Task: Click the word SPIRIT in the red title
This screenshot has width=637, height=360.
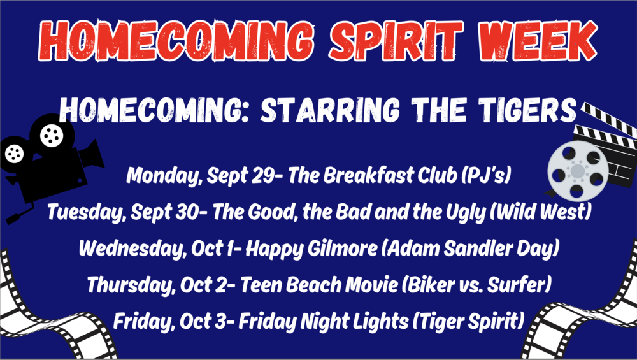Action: click(396, 41)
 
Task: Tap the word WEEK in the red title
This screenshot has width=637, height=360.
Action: click(538, 41)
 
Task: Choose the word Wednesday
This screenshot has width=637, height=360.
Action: click(132, 248)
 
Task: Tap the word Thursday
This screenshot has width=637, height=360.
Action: click(131, 285)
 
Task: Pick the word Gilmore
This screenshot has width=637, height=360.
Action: click(342, 248)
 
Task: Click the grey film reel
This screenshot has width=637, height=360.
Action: click(578, 171)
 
